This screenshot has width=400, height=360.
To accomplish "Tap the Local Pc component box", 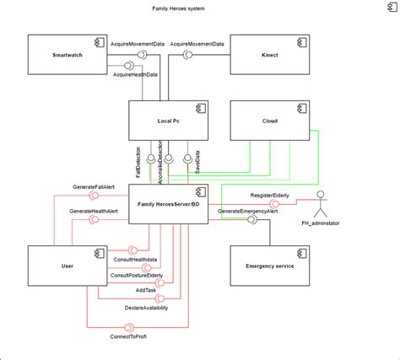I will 169,121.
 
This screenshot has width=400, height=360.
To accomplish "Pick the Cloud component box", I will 269,121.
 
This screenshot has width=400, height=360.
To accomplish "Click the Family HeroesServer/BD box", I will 169,205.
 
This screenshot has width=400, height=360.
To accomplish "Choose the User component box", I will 68,266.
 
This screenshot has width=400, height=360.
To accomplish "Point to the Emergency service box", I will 269,266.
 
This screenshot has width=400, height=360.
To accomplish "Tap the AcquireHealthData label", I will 138,75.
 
